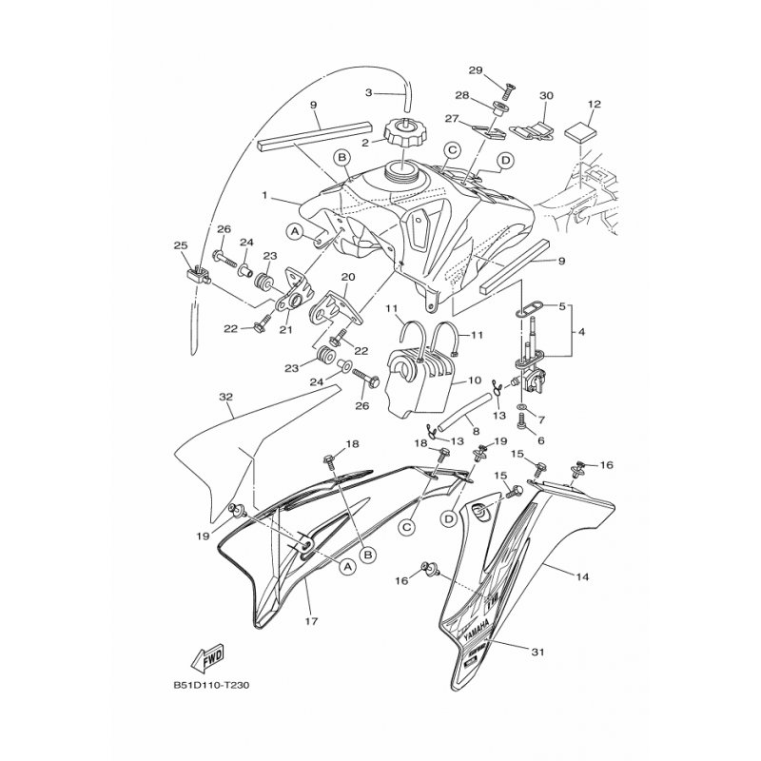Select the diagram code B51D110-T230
(x=211, y=686)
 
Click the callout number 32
(x=226, y=397)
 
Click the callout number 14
(x=582, y=576)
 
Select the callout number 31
(x=537, y=652)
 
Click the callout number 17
(x=312, y=620)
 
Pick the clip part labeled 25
(x=198, y=276)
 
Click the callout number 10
(x=474, y=380)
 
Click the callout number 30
(x=546, y=96)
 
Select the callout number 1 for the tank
(x=265, y=195)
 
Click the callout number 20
(x=348, y=277)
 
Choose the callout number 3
(x=368, y=92)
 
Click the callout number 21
(x=286, y=330)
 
